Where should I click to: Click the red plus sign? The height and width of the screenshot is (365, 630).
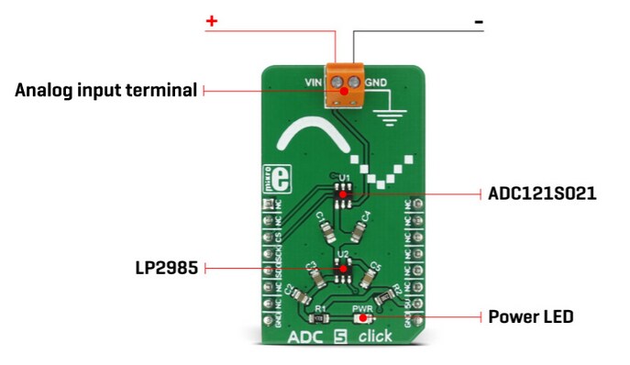tap(212, 20)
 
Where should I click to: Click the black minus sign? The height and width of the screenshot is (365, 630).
tap(478, 20)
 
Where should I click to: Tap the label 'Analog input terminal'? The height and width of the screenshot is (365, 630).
tap(106, 90)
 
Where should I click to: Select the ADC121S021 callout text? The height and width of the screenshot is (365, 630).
tap(543, 194)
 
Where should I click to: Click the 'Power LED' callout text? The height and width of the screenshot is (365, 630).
tap(531, 316)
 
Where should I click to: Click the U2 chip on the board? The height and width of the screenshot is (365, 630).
tap(344, 268)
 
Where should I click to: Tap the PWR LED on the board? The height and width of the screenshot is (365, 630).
tap(364, 318)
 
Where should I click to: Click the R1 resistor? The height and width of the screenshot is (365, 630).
tap(319, 318)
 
